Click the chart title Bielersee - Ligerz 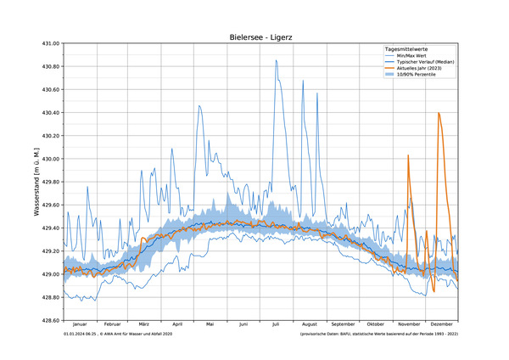pos(260,37)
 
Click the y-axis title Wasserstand pos(38,182)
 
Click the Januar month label pos(80,324)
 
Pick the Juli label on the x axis pos(276,324)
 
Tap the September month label pos(343,324)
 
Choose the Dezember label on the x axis pos(442,324)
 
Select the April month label pos(177,324)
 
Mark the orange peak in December pos(439,113)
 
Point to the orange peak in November pos(408,155)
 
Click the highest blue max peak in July pos(276,60)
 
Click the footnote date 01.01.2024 pos(77,335)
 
